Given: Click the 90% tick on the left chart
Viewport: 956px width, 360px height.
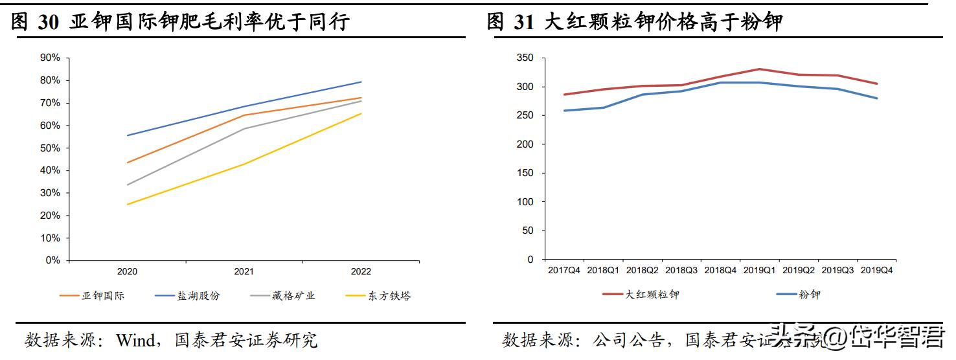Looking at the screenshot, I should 50,58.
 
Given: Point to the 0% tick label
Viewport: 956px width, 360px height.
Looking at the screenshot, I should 52,260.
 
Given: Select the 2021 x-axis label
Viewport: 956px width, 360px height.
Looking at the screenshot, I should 244,272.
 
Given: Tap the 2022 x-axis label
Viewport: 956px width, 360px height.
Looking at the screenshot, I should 361,272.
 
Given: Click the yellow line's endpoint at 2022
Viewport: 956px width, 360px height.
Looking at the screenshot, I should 361,114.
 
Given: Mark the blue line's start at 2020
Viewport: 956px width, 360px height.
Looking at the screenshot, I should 128,135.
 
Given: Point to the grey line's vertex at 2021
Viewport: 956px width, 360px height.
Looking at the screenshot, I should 244,128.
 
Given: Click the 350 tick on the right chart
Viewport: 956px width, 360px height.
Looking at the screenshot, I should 525,58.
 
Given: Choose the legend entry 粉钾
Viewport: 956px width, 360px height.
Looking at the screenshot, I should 809,295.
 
